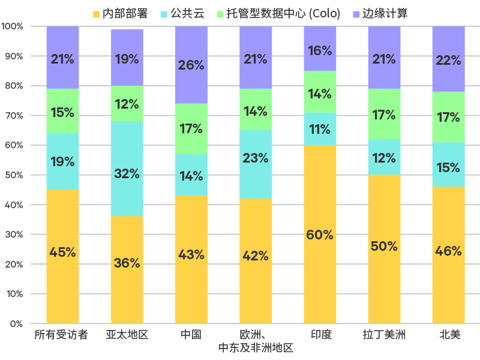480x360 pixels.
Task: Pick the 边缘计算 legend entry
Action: tap(379, 13)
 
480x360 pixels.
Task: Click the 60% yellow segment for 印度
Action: tap(320, 234)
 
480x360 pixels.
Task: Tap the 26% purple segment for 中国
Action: tap(191, 65)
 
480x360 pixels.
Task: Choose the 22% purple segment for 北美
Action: tap(448, 59)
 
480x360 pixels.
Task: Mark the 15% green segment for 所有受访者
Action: tap(62, 111)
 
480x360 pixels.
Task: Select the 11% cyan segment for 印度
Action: tap(320, 128)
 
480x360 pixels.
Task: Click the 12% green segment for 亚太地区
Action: tap(127, 103)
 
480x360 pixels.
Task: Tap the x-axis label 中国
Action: tap(191, 335)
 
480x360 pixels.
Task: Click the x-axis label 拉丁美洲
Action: tap(384, 335)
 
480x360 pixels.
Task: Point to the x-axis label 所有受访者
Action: tap(62, 335)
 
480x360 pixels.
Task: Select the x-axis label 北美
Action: tap(448, 335)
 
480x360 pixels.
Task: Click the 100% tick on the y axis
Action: tap(13, 26)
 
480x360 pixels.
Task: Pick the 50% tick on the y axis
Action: tap(14, 175)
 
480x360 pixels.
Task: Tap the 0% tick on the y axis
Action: tap(17, 324)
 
